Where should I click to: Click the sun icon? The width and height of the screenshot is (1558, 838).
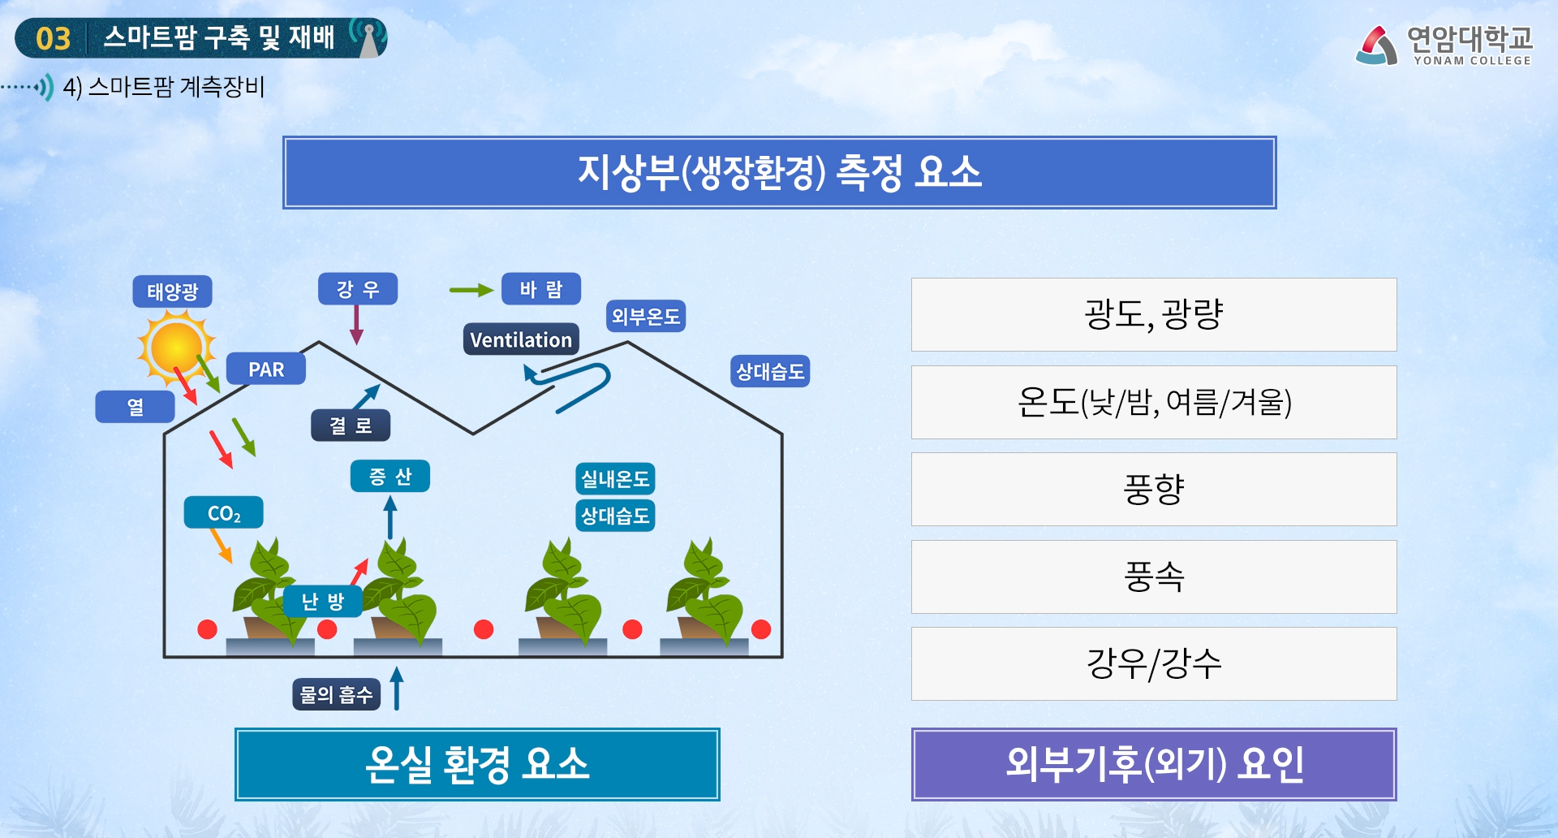[x=176, y=348]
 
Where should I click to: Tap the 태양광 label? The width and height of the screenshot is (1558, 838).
[x=172, y=292]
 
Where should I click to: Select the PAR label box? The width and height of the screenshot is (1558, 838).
[x=266, y=369]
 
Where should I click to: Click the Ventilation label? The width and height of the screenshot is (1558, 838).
[x=521, y=339]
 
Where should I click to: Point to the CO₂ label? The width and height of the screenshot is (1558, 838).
[x=224, y=513]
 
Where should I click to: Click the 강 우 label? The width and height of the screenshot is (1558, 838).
[x=358, y=289]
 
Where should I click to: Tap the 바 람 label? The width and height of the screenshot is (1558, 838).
[x=540, y=289]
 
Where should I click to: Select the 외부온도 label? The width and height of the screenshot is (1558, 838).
[x=646, y=316]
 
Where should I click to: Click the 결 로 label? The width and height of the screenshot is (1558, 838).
[x=351, y=425]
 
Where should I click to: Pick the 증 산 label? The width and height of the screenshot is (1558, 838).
[x=390, y=476]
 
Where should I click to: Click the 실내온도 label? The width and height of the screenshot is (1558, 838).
[x=615, y=479]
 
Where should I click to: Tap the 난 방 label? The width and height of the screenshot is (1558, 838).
[x=322, y=602]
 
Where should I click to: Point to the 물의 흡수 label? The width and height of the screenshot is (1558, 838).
[x=336, y=694]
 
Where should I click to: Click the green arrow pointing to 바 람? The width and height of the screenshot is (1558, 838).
[x=471, y=290]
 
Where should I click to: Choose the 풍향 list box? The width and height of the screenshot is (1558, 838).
[x=1153, y=489]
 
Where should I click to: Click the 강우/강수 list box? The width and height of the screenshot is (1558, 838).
[x=1153, y=663]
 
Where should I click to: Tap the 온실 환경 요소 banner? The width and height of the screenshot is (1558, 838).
[x=477, y=764]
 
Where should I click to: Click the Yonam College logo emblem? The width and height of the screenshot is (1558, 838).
[x=1376, y=45]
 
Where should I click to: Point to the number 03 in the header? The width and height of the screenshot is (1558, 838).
[x=54, y=39]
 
